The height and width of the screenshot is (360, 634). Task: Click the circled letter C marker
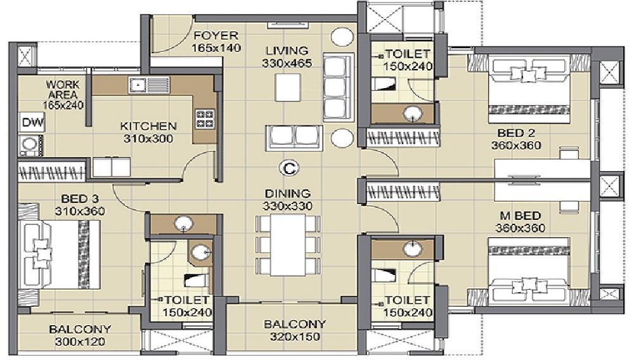(x=289, y=168)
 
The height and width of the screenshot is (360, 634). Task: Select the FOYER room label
(x=216, y=35)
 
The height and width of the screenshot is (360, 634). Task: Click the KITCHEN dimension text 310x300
(x=148, y=139)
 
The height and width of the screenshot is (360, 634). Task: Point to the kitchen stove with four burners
(x=205, y=119)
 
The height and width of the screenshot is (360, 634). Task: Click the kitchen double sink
(x=149, y=84)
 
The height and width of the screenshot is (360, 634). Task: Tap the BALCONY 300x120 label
(x=80, y=329)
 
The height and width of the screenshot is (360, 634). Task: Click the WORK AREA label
(x=62, y=89)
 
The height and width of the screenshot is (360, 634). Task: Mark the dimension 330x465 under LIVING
(x=286, y=63)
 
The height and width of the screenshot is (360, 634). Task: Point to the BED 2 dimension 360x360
(x=515, y=145)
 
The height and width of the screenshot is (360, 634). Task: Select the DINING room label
(x=288, y=193)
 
